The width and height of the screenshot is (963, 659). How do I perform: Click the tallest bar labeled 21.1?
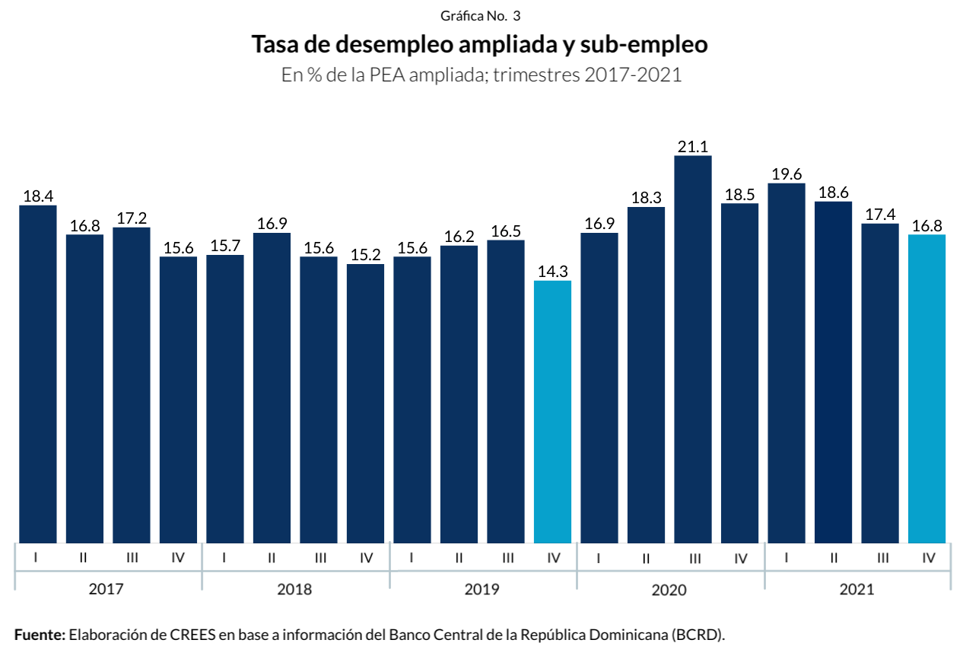(693, 349)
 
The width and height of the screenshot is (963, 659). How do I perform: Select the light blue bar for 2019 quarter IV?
(552, 412)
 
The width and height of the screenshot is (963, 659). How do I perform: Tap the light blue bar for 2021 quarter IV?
(927, 389)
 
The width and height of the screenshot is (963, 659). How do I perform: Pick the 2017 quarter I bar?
(38, 374)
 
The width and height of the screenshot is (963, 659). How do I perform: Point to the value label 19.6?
(787, 174)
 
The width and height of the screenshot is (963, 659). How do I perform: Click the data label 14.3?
(552, 272)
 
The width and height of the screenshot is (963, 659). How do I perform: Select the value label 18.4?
(38, 196)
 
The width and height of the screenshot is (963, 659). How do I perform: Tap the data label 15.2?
(365, 255)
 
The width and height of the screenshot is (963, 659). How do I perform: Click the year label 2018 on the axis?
(295, 589)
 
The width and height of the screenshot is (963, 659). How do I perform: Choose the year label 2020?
(669, 589)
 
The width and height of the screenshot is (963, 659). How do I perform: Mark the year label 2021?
(857, 589)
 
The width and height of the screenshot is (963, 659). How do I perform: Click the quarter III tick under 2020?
(694, 558)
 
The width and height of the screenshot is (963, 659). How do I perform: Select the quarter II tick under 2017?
(83, 558)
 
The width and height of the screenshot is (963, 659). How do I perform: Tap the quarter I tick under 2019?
(412, 558)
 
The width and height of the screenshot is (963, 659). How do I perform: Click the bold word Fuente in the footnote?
(39, 635)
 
